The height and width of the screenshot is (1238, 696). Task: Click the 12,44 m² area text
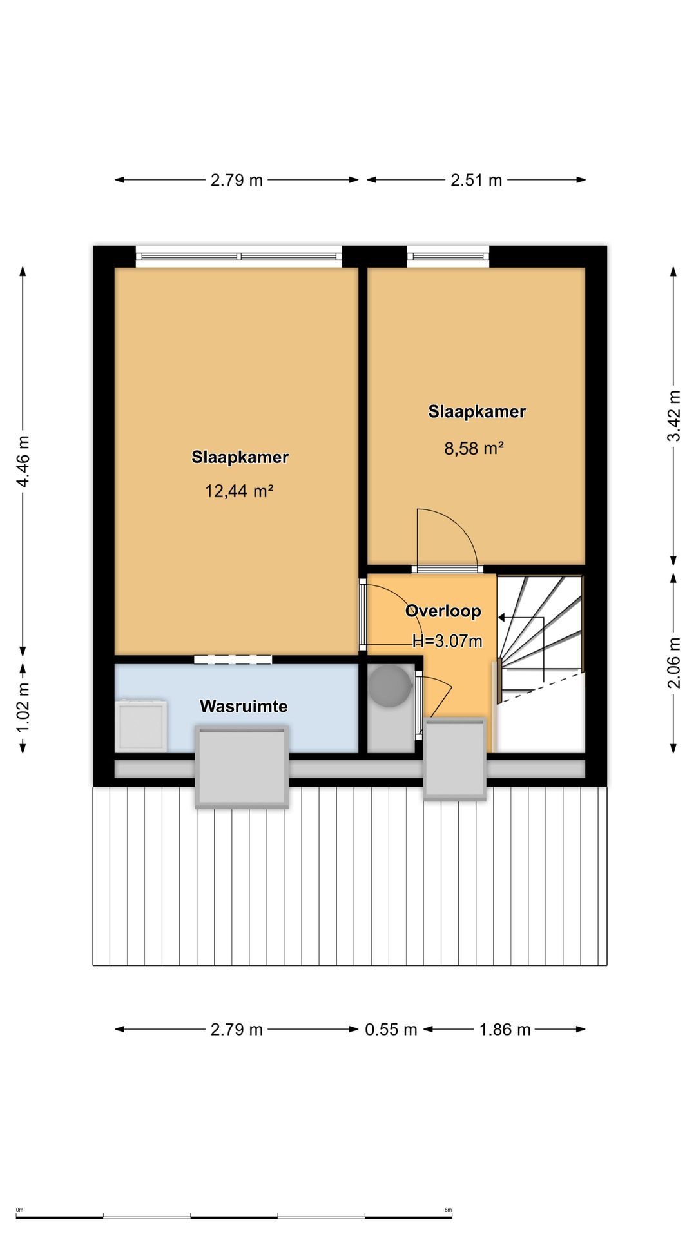click(x=239, y=491)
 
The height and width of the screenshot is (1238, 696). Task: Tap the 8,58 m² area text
click(x=474, y=448)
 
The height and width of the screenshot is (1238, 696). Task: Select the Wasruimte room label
click(x=244, y=706)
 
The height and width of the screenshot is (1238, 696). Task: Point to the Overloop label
click(x=443, y=611)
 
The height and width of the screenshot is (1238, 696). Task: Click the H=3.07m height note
click(x=447, y=641)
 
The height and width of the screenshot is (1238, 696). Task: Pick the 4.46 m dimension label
click(x=23, y=462)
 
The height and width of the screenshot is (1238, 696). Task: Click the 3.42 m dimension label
click(x=673, y=416)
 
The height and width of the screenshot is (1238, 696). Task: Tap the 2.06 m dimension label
click(x=673, y=663)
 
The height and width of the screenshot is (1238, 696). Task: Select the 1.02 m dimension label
click(x=23, y=707)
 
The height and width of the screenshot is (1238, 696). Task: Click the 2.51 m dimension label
click(x=476, y=180)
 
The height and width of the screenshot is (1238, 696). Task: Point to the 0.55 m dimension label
click(x=391, y=1029)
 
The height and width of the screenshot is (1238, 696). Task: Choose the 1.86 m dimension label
click(x=505, y=1029)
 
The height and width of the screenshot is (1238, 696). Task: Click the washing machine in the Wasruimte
click(x=141, y=725)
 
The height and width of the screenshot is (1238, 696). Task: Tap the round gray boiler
click(x=389, y=686)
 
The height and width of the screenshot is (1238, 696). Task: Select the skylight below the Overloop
click(x=454, y=760)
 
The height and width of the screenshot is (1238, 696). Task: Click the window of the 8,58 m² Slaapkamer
click(x=448, y=257)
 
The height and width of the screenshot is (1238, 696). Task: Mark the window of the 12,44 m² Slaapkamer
click(x=239, y=257)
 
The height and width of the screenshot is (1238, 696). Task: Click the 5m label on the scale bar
click(x=448, y=1210)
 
